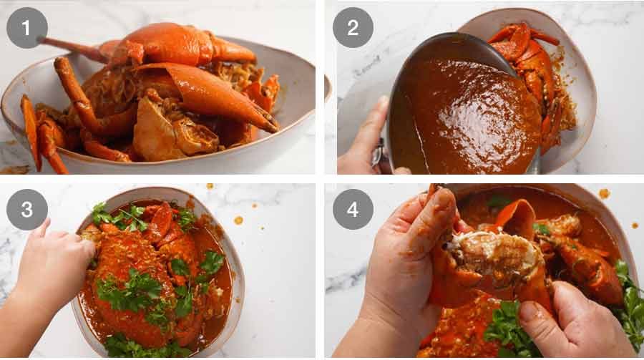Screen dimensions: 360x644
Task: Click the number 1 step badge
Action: (x=27, y=27)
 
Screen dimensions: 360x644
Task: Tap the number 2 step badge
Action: (x=352, y=27)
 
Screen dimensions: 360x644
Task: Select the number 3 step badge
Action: (x=27, y=209)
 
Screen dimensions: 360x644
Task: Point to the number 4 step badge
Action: (x=352, y=209)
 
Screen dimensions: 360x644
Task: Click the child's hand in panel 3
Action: (x=54, y=265)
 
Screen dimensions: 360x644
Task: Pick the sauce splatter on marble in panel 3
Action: (x=238, y=220)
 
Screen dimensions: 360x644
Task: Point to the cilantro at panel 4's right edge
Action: (x=630, y=301)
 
